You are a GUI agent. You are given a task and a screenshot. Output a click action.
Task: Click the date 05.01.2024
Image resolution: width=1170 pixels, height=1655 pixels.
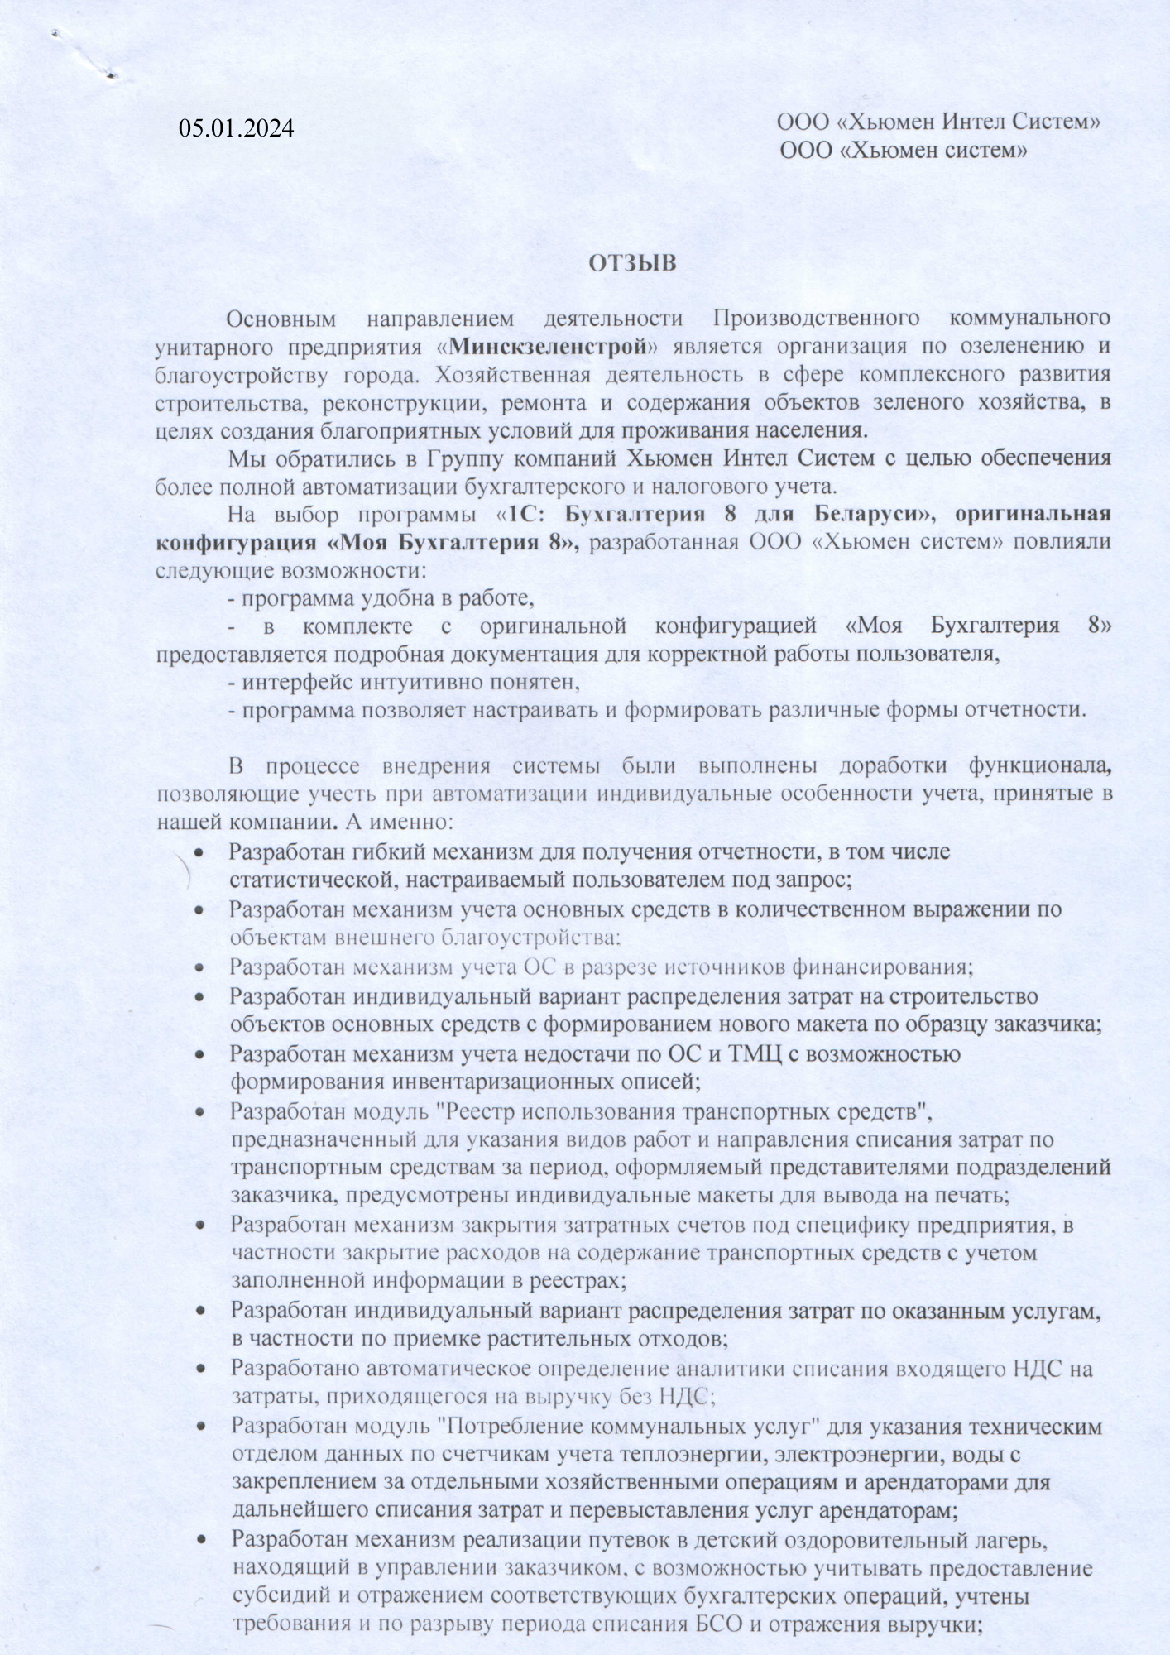(237, 128)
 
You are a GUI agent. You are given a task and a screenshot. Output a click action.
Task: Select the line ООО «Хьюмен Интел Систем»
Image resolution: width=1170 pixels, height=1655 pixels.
(938, 122)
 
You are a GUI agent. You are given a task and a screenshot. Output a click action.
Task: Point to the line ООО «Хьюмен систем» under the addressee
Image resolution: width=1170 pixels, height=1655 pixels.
(904, 151)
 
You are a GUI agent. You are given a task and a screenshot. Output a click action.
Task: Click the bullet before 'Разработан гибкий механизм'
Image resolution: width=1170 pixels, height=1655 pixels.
(199, 852)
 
